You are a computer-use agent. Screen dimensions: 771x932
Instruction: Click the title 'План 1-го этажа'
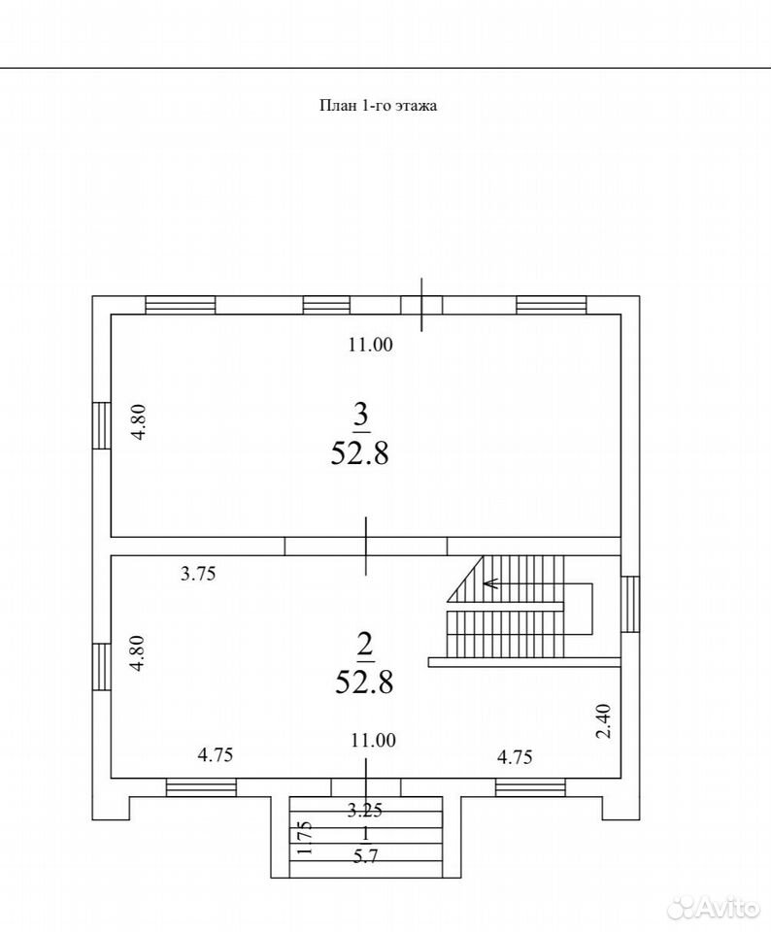378,106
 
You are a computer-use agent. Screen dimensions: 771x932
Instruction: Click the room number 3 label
361,414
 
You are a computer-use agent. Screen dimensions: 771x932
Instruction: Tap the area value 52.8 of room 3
359,453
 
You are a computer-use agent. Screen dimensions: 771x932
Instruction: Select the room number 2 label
364,645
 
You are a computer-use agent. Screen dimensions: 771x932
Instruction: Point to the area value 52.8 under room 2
364,682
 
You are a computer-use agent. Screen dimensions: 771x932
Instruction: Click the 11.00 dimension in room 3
370,345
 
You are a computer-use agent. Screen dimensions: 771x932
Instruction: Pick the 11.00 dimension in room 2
373,740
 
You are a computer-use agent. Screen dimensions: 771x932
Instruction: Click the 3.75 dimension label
198,574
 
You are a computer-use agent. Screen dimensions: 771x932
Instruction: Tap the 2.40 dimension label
603,721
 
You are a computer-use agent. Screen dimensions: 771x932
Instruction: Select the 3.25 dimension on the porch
365,809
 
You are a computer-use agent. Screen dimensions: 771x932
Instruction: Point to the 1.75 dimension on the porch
305,838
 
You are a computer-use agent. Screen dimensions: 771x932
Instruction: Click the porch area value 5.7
365,856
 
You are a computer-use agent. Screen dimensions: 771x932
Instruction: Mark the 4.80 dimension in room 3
139,421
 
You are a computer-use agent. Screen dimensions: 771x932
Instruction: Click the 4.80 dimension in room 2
137,653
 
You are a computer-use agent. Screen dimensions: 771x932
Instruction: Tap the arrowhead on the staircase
489,583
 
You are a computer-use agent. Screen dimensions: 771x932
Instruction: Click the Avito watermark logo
714,907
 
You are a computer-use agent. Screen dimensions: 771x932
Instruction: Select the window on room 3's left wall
102,425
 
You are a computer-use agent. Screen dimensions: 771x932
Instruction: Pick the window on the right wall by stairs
629,604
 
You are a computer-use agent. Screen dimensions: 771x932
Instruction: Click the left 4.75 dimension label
216,755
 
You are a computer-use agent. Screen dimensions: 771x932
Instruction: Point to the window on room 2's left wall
102,666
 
